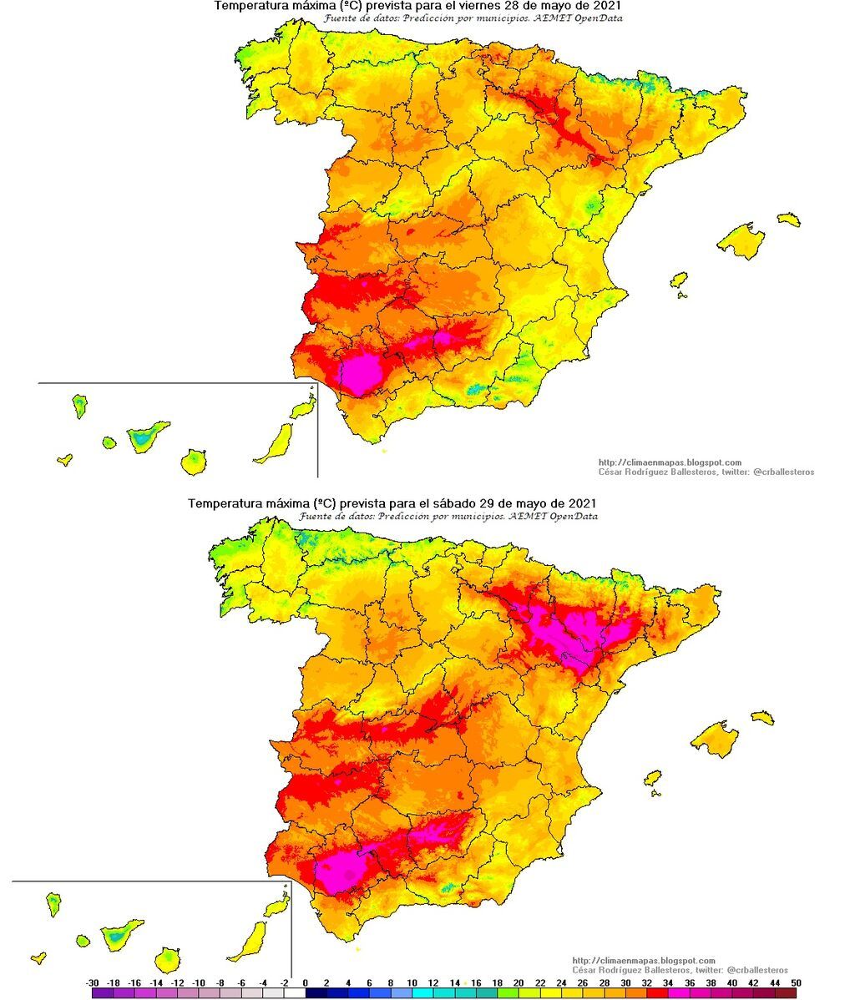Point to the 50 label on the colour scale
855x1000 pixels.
pyautogui.click(x=796, y=982)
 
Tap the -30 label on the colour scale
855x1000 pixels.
pyautogui.click(x=93, y=982)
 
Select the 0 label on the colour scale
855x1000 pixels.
pyautogui.click(x=305, y=982)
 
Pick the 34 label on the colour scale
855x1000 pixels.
pyautogui.click(x=668, y=982)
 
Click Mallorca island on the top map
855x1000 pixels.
pyautogui.click(x=741, y=241)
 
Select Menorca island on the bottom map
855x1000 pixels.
pyautogui.click(x=762, y=717)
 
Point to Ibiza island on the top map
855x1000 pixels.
pyautogui.click(x=679, y=280)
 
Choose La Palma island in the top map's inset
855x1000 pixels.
pyautogui.click(x=79, y=407)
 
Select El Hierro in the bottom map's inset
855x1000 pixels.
pyautogui.click(x=38, y=958)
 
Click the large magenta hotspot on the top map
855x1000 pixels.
pyautogui.click(x=363, y=372)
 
